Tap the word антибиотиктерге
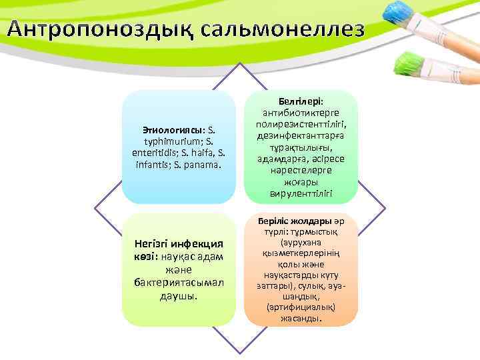coord(301,110)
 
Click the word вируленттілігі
coord(301,194)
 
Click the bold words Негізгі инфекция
coord(179,245)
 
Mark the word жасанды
coord(301,319)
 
